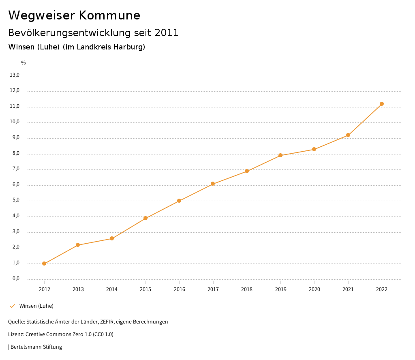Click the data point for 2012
click(x=44, y=264)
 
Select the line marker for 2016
click(x=179, y=201)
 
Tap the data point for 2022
click(x=382, y=104)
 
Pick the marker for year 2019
click(x=280, y=155)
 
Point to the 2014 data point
click(x=112, y=238)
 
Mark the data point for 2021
click(x=348, y=135)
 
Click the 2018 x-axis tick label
click(x=247, y=289)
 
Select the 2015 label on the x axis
click(x=145, y=289)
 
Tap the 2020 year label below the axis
click(x=314, y=289)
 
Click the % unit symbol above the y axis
click(x=24, y=63)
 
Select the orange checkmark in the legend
click(x=12, y=306)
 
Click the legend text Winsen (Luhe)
click(x=36, y=306)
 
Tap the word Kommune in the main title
click(x=109, y=15)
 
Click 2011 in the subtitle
click(x=167, y=33)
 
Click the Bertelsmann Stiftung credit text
click(x=36, y=347)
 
